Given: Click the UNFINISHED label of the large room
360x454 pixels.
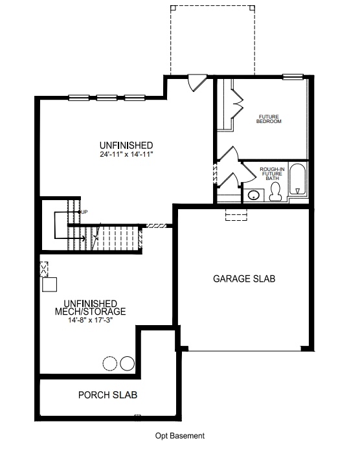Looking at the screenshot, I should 126,144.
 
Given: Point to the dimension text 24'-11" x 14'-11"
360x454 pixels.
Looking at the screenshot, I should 126,155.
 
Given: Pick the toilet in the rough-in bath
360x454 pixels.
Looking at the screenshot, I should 275,192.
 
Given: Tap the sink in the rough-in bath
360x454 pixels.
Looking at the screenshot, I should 254,194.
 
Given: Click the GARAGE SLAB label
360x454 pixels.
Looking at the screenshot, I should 245,279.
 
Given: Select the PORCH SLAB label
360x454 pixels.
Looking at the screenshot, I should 107,394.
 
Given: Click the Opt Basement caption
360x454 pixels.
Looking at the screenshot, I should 179,436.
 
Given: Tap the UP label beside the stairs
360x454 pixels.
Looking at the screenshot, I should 84,212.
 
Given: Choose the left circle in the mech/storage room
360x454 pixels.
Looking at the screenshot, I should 111,363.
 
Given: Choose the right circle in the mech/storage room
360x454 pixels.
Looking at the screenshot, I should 127,363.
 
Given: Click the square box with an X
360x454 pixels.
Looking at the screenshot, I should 44,268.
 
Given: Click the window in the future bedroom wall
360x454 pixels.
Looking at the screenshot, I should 293,77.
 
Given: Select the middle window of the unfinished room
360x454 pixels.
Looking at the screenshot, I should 106,98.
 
